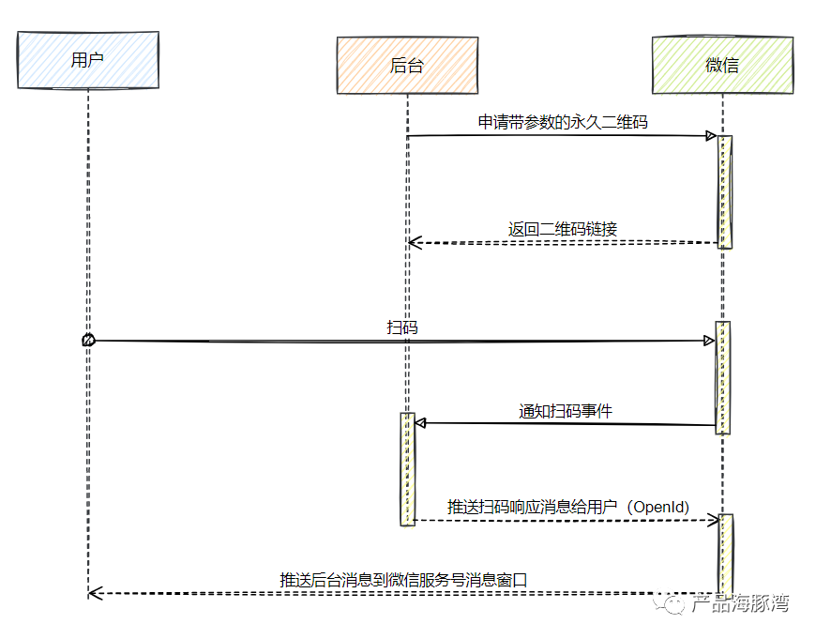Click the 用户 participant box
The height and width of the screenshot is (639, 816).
click(87, 60)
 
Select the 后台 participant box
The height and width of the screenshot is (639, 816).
click(407, 65)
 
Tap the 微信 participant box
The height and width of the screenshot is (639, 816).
click(721, 64)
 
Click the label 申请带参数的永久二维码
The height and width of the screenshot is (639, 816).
click(563, 122)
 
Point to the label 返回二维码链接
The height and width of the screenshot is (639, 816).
click(563, 228)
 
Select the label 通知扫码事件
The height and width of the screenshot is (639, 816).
click(567, 410)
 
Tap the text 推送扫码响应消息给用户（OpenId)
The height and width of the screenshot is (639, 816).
click(568, 507)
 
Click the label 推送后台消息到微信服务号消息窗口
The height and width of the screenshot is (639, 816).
click(403, 580)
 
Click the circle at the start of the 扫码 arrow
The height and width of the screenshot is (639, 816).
click(88, 341)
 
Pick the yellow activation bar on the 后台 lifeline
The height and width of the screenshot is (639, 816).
click(407, 468)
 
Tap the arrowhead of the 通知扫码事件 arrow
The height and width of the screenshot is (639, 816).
click(421, 423)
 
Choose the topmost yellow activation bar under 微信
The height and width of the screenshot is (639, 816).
click(724, 191)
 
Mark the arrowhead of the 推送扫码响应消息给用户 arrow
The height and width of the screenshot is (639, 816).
click(712, 520)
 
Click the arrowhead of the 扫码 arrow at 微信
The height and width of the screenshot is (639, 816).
click(710, 341)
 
